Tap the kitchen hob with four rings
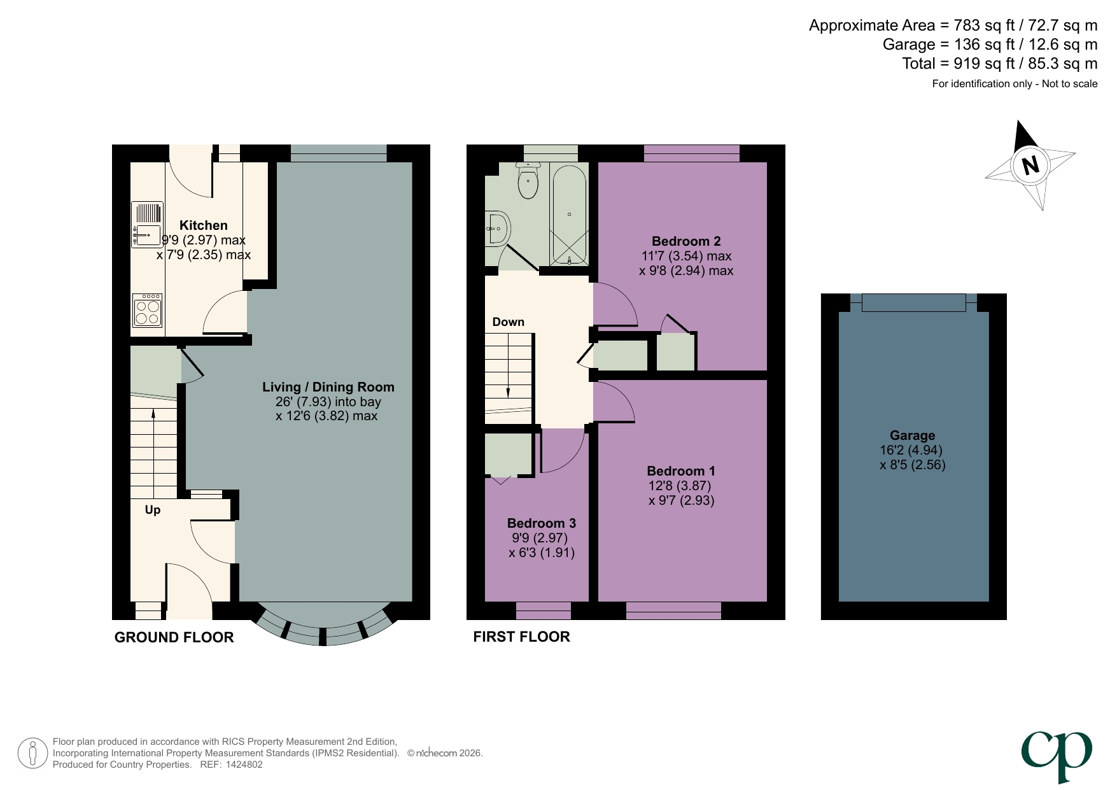click(x=147, y=309)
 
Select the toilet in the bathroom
click(x=528, y=181)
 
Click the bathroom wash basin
click(x=498, y=228)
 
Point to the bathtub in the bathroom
click(x=569, y=215)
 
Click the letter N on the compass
click(x=1030, y=166)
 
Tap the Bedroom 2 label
click(x=686, y=241)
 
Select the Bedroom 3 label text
click(x=541, y=523)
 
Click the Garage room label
click(x=912, y=435)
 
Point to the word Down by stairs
click(x=508, y=322)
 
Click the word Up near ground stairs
click(x=153, y=510)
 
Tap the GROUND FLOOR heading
click(x=174, y=637)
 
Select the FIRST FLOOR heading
click(x=521, y=637)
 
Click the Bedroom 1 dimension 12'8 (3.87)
click(x=679, y=486)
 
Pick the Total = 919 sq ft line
click(x=999, y=64)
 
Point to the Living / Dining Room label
click(x=328, y=387)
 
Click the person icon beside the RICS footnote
click(x=32, y=753)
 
